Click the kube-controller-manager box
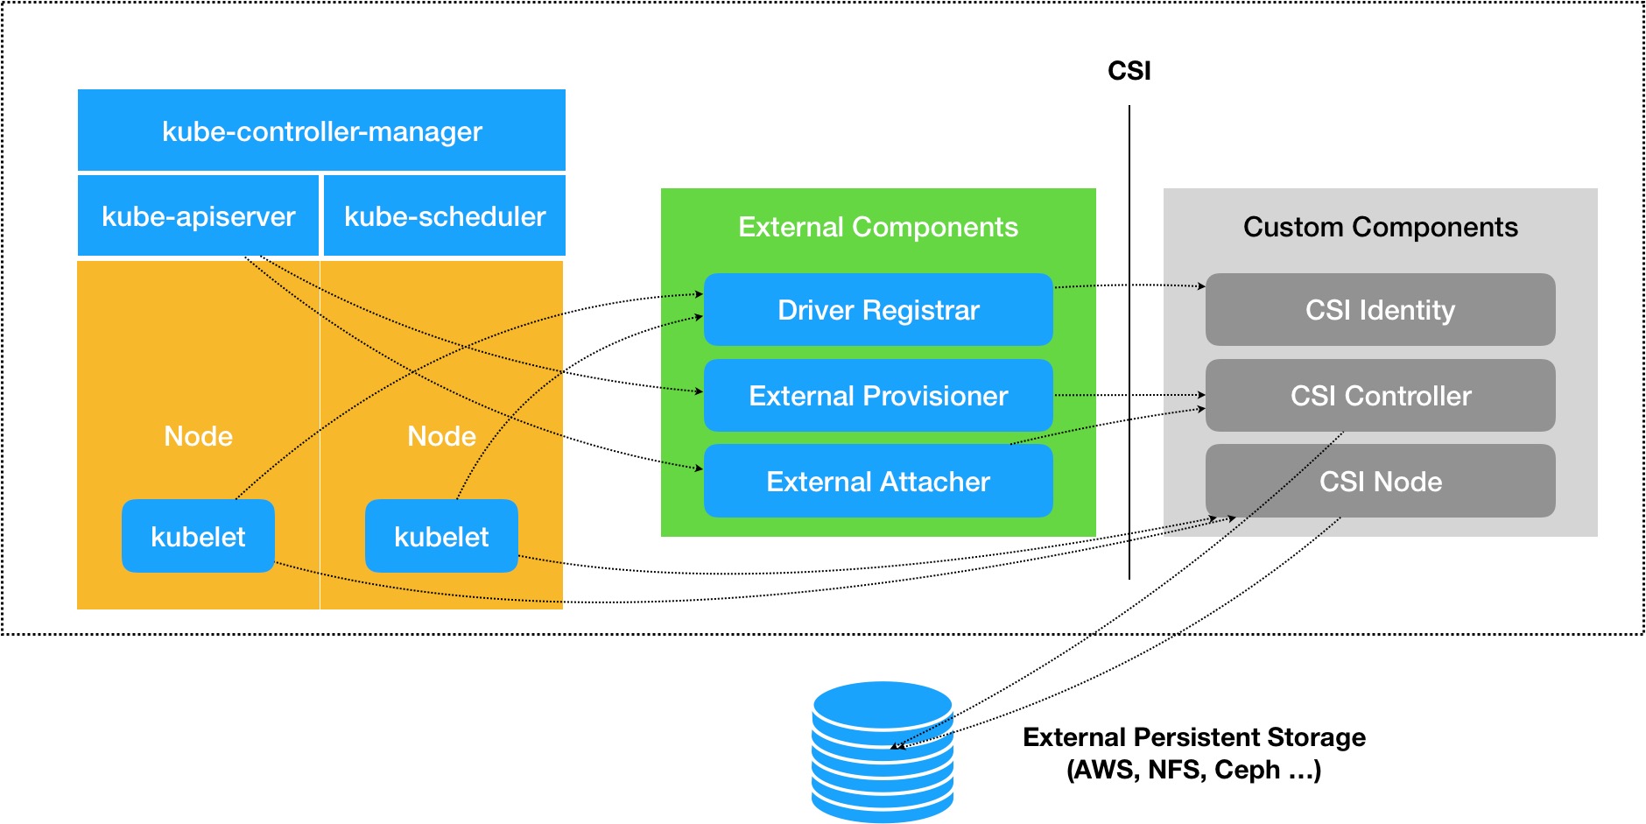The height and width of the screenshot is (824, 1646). coord(321,130)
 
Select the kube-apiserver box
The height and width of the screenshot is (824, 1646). coord(198,216)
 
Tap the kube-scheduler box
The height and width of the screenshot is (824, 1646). coord(445,216)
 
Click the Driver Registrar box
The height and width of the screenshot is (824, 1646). coord(878,310)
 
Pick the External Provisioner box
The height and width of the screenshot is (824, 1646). coord(878,396)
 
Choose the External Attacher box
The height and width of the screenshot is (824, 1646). coord(878,482)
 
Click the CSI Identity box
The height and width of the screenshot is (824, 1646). coord(1380,310)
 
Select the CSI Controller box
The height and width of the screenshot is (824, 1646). coord(1380,396)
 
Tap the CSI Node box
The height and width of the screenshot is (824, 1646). coord(1380,482)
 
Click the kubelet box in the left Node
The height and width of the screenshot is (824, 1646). coord(198,537)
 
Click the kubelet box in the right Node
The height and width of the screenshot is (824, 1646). coord(441,537)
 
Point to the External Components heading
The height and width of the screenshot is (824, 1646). coord(878,228)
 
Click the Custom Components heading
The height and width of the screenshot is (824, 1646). coord(1380,228)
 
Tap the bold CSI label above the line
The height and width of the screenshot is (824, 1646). coord(1129,71)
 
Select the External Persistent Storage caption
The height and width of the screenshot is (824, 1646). coord(1193,753)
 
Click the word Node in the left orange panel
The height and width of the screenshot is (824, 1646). coord(198,436)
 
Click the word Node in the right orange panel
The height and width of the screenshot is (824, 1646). coord(441,436)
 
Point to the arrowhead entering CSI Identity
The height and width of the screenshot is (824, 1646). coord(1201,286)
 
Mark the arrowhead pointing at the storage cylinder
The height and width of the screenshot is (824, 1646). coord(896,747)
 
